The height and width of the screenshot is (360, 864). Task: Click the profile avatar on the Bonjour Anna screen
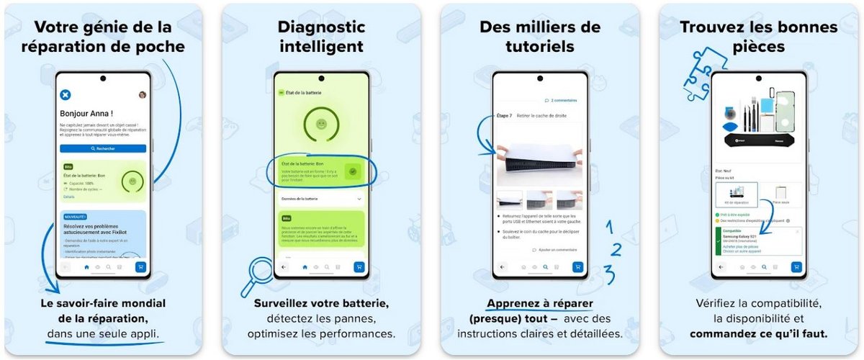pos(143,94)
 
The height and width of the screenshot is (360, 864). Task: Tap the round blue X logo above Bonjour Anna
pos(65,94)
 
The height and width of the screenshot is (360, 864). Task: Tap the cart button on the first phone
pos(140,266)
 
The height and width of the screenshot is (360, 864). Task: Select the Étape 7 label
pos(505,115)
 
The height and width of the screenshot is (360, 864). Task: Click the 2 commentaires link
pos(561,100)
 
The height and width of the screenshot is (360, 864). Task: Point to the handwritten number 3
pos(610,274)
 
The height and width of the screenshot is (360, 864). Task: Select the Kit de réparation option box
pos(736,195)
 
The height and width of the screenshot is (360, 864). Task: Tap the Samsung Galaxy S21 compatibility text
pos(742,237)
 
